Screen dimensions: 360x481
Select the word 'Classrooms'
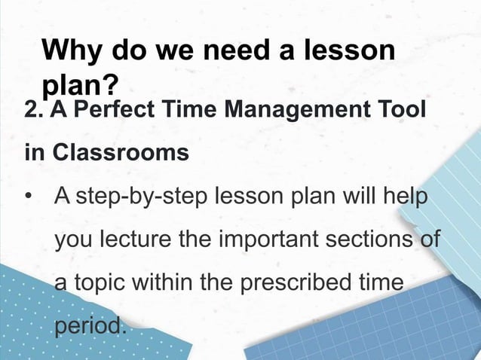pyautogui.click(x=120, y=153)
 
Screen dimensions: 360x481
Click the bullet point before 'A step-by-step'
pyautogui.click(x=29, y=197)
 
